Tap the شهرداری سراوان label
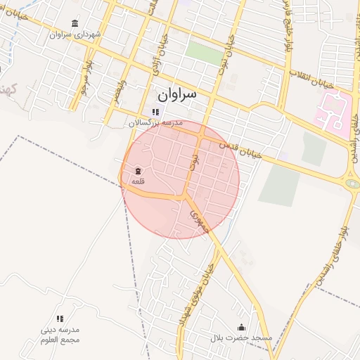(x=76, y=34)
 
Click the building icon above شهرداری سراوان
(x=75, y=23)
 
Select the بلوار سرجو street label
(x=85, y=79)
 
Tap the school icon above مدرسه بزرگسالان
(x=155, y=112)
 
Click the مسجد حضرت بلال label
(x=241, y=338)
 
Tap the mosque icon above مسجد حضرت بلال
(x=242, y=327)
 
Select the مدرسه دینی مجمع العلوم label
(x=60, y=335)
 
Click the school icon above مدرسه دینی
(x=60, y=319)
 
